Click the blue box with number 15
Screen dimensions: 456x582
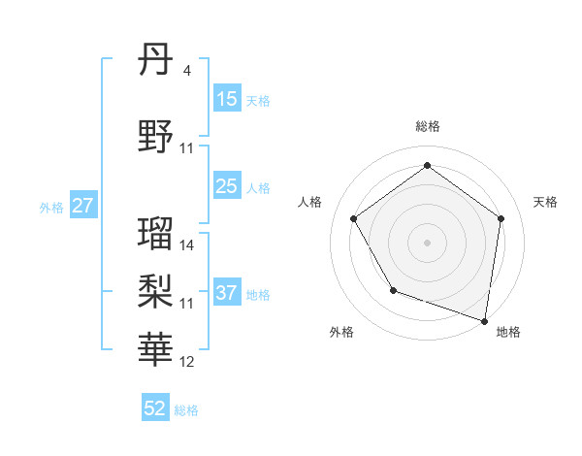226,99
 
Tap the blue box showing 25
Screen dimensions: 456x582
226,186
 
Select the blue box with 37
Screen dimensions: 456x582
226,293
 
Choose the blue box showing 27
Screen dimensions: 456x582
82,206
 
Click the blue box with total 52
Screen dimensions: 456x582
155,408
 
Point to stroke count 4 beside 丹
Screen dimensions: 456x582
187,70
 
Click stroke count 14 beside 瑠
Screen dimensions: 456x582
187,244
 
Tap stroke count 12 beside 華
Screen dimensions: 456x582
187,361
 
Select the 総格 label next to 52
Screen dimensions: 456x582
186,410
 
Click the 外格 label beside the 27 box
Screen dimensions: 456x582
50,207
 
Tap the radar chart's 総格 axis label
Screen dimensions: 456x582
428,126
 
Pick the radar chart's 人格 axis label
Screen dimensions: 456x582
310,201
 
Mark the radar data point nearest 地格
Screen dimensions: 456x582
484,320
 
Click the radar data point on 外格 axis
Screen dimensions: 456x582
393,290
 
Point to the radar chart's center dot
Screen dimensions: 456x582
428,242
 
